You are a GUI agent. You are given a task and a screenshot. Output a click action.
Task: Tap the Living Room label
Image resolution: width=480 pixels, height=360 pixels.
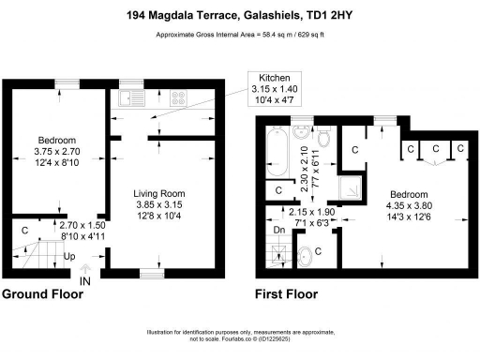pos(159,194)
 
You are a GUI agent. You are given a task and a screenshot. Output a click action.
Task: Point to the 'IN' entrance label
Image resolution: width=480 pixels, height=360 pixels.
pos(85,280)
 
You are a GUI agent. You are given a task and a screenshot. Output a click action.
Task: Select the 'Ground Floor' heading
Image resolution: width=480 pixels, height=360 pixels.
pos(43,294)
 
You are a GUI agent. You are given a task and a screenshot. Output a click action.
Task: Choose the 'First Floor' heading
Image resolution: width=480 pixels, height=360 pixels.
pos(286,294)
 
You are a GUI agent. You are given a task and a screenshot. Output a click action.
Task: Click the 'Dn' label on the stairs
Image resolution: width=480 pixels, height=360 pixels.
pos(277,230)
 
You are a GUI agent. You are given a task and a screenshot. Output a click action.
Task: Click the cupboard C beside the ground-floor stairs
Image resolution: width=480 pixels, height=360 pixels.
pos(24,228)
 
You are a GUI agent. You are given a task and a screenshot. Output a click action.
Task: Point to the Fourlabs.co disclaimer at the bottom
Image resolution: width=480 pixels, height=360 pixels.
pos(239,338)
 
